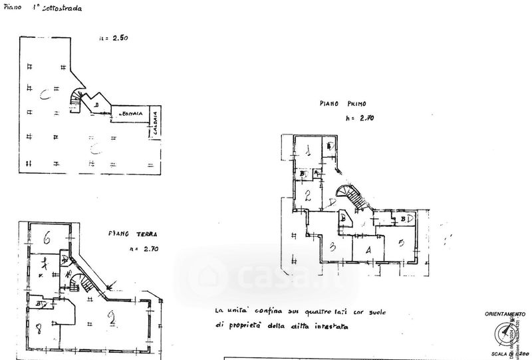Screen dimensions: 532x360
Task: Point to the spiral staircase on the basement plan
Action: tap(76, 100)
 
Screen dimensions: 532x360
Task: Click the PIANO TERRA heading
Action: tap(129, 234)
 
